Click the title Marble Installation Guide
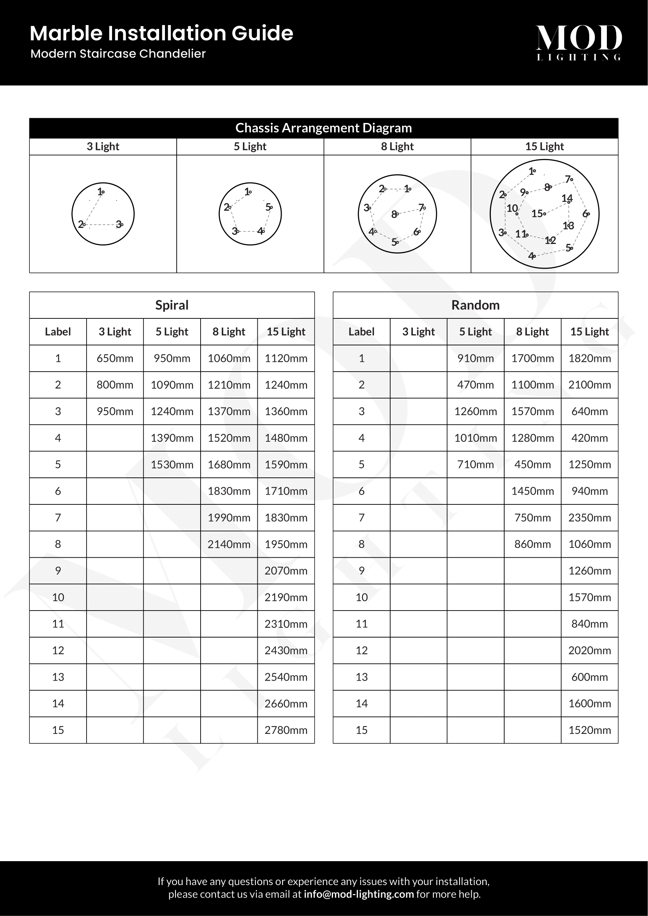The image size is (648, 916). tap(161, 33)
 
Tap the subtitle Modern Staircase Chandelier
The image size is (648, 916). tap(118, 54)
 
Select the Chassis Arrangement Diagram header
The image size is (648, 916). tap(324, 128)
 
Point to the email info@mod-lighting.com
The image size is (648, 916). tap(359, 894)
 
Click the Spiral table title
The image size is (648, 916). tap(172, 305)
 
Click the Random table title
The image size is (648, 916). tap(475, 305)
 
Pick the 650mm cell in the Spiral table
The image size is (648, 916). tap(115, 358)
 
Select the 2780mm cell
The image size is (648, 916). tap(286, 730)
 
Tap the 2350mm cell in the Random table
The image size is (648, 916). tap(589, 518)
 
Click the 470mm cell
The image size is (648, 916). tap(475, 385)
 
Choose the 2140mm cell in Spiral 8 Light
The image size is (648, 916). tap(229, 544)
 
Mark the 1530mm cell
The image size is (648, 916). tap(172, 465)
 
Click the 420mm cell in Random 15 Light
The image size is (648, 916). tap(589, 438)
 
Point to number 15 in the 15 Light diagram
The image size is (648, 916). tap(537, 213)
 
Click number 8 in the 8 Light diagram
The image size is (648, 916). tap(394, 215)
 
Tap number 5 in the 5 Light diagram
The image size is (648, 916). tap(268, 207)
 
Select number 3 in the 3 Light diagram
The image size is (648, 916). tap(118, 224)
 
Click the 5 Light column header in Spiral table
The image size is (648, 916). tap(172, 332)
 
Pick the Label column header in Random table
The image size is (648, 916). tap(361, 332)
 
